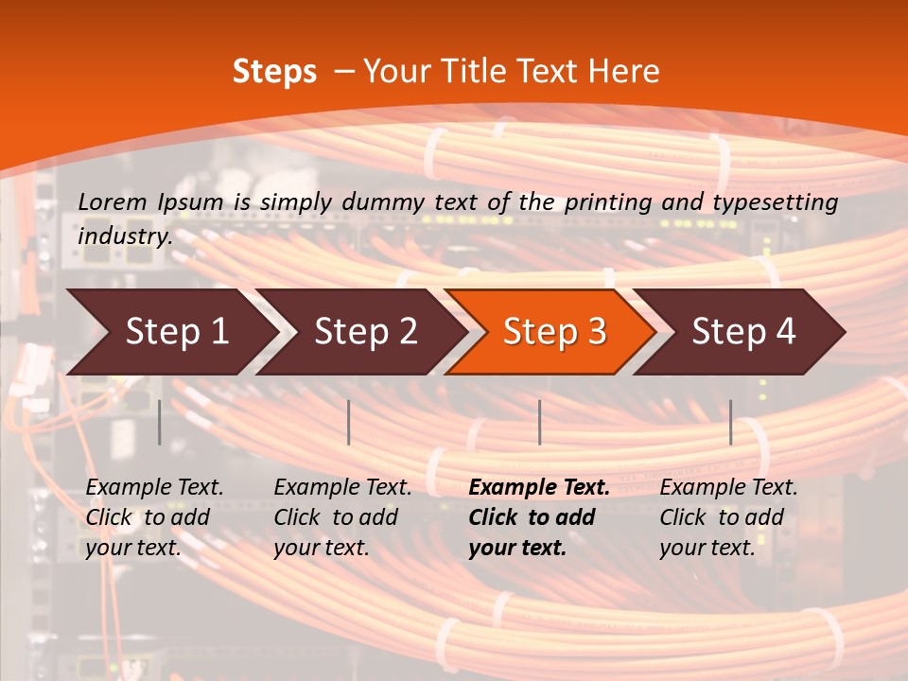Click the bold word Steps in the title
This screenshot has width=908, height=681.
coord(274,72)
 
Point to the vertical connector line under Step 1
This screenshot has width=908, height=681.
coord(160,422)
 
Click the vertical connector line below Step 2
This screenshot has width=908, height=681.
coord(349,422)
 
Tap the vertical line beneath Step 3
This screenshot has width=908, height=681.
coord(539,422)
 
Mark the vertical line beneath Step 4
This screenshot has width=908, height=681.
coord(730,422)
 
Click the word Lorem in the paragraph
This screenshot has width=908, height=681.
coord(113,201)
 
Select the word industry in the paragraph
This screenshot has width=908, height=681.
coord(124,236)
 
